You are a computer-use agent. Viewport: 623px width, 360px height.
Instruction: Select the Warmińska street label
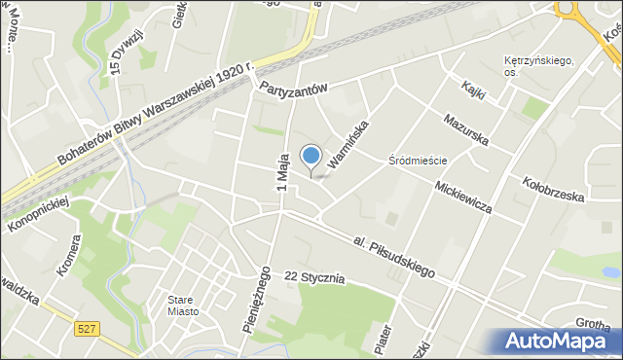[349, 143]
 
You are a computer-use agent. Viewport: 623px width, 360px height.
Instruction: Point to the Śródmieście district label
[417, 160]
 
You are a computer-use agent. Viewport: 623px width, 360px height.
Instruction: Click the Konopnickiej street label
[38, 213]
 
